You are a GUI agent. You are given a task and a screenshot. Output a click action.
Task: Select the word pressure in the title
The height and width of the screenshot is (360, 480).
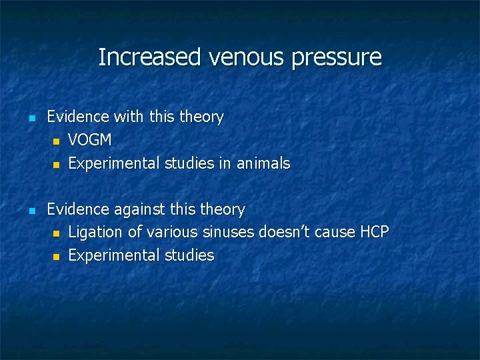[337, 58]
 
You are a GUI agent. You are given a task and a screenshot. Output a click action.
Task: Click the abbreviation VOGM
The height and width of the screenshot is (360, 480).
[90, 141]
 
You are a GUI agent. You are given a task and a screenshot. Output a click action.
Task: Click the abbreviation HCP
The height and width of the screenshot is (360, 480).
[375, 233]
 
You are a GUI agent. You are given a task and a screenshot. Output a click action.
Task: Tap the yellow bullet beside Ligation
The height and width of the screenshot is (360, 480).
[57, 233]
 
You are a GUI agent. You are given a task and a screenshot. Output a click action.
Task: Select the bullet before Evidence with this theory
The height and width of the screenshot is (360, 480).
[31, 118]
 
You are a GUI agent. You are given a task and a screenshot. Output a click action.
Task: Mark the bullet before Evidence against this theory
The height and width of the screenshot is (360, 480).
[31, 211]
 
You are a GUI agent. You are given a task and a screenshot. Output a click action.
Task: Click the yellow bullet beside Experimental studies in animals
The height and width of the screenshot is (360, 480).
[57, 164]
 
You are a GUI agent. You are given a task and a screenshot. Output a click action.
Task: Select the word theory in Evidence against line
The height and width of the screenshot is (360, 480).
[223, 210]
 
